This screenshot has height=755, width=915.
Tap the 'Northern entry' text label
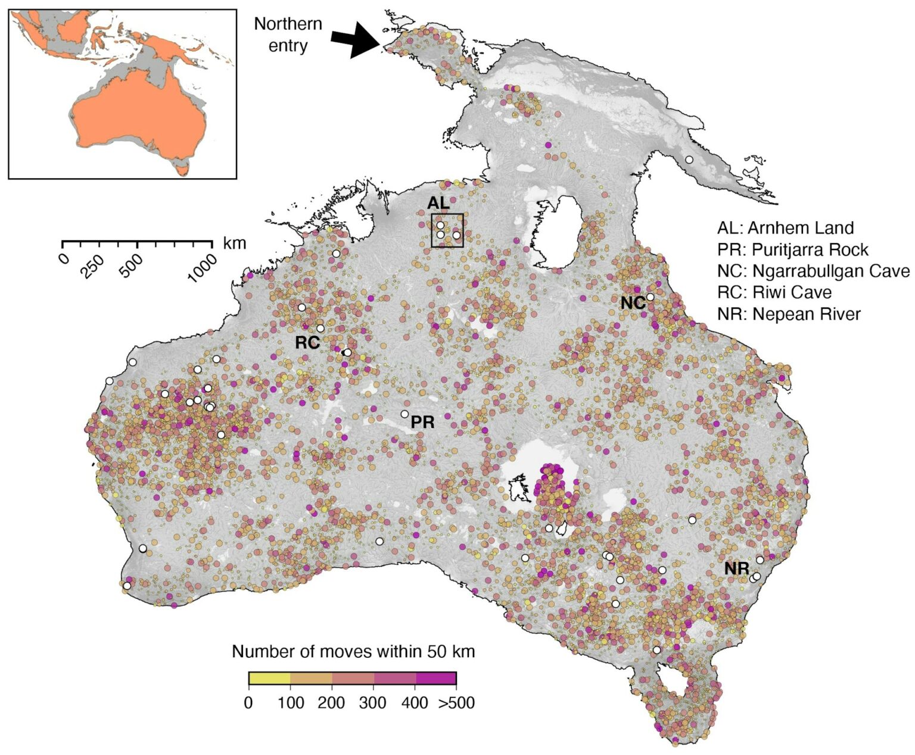[288, 35]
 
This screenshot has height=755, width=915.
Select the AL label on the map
[438, 203]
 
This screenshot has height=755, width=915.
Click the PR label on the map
[423, 422]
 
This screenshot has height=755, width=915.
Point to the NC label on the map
[633, 303]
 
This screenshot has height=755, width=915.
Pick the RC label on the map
[307, 343]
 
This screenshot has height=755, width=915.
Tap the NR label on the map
[737, 568]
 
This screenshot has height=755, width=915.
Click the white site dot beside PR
[404, 414]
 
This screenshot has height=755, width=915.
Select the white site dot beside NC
[651, 297]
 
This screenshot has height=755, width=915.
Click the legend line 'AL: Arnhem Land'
[785, 228]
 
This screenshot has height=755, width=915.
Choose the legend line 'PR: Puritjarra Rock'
[793, 249]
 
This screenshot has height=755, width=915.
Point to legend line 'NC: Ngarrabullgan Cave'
[813, 271]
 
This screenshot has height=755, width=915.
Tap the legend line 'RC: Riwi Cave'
[774, 293]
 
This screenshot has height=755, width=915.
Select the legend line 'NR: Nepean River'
[789, 314]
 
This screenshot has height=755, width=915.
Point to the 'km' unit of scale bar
[234, 243]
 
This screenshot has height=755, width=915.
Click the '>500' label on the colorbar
[457, 703]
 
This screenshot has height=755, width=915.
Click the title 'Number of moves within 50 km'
[353, 651]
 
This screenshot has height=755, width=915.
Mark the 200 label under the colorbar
[331, 703]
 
